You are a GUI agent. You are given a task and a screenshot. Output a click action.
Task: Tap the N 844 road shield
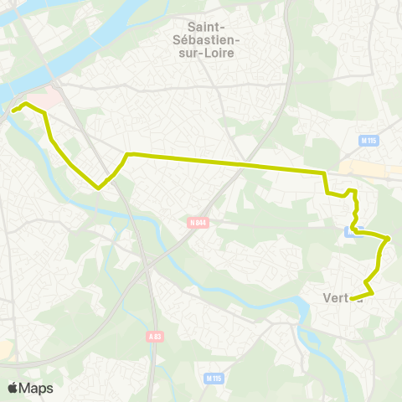point(198,223)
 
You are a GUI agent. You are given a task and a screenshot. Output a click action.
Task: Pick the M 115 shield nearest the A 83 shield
point(214,379)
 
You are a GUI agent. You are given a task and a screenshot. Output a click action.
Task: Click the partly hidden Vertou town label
point(340,297)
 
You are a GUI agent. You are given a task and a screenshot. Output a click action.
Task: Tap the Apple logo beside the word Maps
point(13,388)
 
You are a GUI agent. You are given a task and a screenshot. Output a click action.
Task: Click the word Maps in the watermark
point(37,388)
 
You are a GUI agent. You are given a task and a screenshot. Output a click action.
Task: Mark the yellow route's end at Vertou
point(351,299)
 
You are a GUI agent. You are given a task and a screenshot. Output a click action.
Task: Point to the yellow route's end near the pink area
point(13,110)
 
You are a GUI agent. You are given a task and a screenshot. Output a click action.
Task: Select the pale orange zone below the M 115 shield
point(368,167)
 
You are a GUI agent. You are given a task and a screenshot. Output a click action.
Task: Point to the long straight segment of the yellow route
point(226,163)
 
